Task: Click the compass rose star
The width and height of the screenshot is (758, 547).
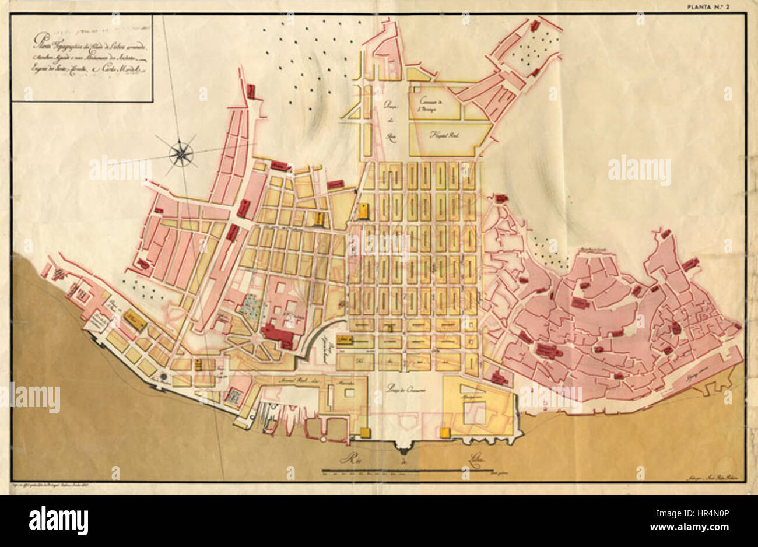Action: [x=181, y=153]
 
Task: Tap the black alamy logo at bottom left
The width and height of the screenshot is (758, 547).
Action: [x=59, y=520]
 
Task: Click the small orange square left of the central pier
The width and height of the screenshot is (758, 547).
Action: [x=366, y=432]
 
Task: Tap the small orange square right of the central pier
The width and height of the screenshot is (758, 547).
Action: [x=444, y=432]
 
